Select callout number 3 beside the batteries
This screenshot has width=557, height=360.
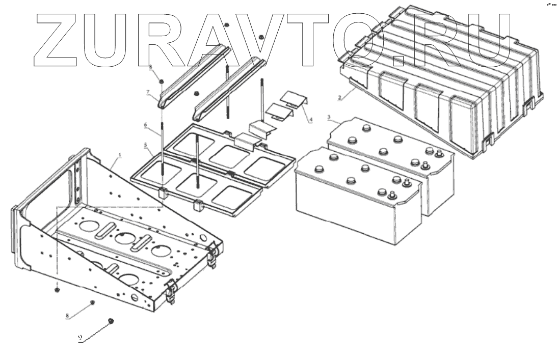pos(330,118)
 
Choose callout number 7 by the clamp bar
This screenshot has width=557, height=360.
pos(148,92)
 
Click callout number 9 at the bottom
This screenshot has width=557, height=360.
pos(80,338)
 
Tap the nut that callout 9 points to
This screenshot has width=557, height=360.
pos(111,320)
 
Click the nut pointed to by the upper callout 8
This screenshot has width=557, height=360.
pos(161,81)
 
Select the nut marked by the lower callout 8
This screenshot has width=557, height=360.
pos(92,302)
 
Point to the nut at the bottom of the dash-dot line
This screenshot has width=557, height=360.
pos(57,290)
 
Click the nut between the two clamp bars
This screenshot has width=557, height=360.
pos(196,93)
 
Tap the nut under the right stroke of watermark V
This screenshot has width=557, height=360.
pos(261,37)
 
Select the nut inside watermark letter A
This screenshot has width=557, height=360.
pos(226,24)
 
